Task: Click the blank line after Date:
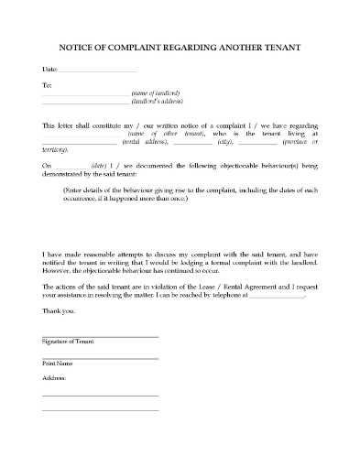click(97, 71)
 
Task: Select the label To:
click(48, 85)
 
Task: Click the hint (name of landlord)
click(156, 94)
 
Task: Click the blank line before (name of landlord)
click(85, 95)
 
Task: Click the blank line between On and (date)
click(69, 166)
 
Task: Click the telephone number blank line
click(277, 298)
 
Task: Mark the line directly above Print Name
click(100, 357)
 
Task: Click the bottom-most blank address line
click(100, 410)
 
